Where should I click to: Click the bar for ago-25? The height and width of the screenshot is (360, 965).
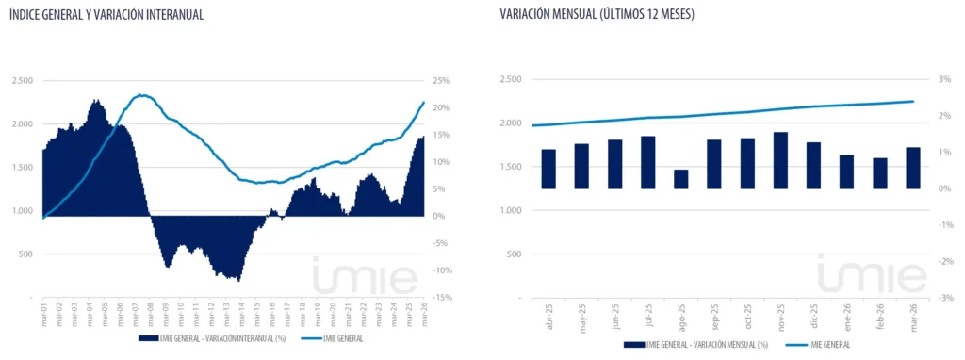point(680,179)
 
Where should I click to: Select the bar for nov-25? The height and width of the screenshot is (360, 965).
point(780,160)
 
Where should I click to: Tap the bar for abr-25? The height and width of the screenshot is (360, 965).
point(548,169)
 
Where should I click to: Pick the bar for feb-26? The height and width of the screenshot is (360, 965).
point(880,173)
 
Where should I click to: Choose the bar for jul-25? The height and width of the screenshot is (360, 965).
point(648,162)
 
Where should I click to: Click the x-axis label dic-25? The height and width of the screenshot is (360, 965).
point(813,313)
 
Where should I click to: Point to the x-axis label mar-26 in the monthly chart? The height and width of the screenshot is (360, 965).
point(913,313)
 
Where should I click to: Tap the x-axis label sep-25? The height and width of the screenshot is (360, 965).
point(714,313)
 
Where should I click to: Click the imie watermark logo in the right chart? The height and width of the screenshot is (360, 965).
point(859,275)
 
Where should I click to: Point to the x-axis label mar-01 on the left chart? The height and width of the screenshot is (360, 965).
point(44,310)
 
